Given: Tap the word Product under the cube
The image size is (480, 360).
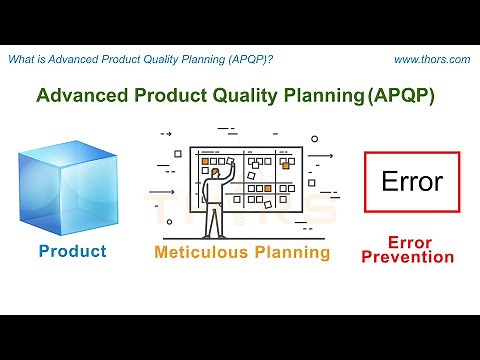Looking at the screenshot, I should pyautogui.click(x=72, y=251).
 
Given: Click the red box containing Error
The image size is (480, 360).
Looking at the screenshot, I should pyautogui.click(x=412, y=182).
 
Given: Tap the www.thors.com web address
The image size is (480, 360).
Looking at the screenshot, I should pyautogui.click(x=432, y=60).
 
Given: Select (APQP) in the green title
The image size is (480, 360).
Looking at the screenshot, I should pyautogui.click(x=404, y=96).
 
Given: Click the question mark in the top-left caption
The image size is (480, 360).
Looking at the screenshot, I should pyautogui.click(x=271, y=60).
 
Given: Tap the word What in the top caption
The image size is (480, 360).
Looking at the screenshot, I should pyautogui.click(x=22, y=60).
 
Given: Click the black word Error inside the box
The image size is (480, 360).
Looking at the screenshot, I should pyautogui.click(x=412, y=183).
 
